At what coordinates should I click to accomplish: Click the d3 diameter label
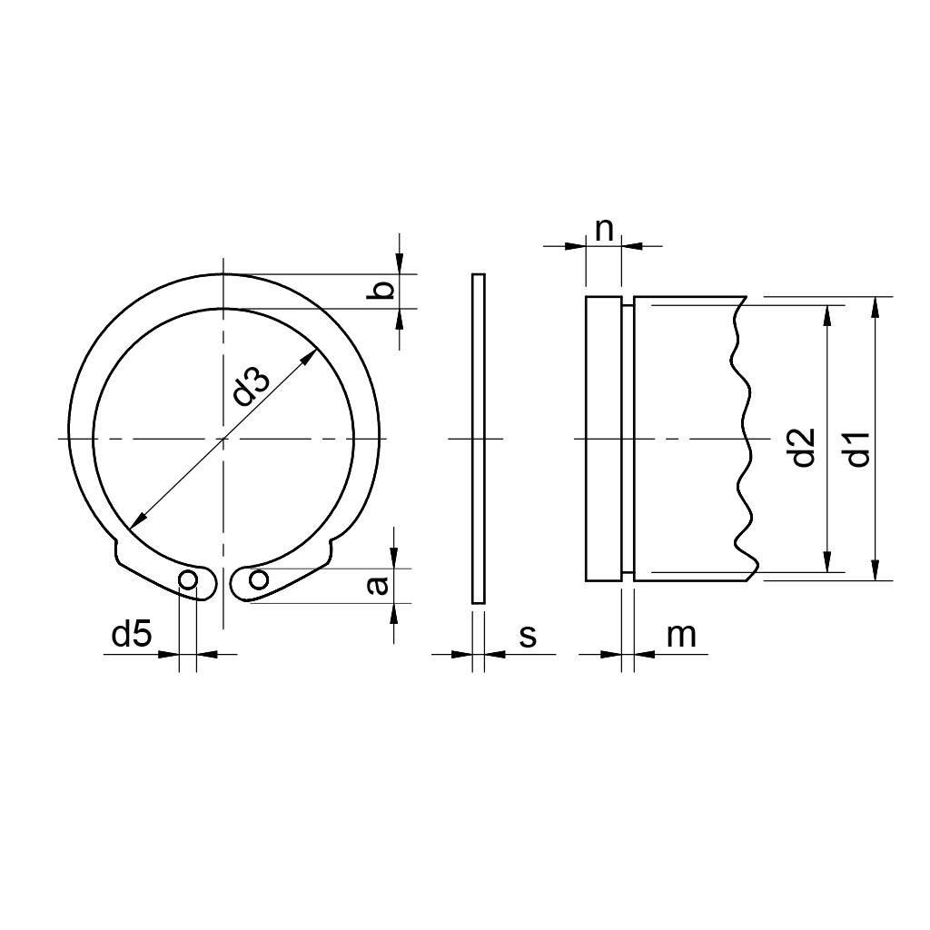252,387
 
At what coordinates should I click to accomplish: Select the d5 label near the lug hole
132,634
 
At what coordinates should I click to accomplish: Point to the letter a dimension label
378,586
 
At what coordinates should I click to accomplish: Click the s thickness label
528,637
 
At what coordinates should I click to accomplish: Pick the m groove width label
681,636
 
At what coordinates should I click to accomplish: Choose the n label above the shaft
604,231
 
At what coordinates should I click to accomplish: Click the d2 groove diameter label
805,447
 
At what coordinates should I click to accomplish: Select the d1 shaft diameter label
858,449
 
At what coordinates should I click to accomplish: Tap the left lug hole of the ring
187,579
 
